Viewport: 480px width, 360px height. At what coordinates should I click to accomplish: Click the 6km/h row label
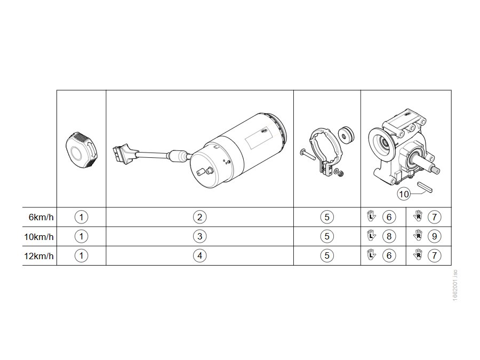tap(41, 218)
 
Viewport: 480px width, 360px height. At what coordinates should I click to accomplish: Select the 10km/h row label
tap(39, 237)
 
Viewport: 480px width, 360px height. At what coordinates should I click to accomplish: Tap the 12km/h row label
tap(39, 256)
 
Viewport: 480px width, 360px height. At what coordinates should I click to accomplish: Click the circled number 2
tap(199, 218)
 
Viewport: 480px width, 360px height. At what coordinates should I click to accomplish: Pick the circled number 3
tap(199, 236)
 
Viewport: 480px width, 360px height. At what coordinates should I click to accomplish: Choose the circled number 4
tap(199, 255)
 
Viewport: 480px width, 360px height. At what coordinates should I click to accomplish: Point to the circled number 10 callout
tap(404, 194)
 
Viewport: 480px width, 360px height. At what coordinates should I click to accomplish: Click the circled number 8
tap(389, 236)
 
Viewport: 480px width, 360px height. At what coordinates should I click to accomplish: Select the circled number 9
tap(434, 236)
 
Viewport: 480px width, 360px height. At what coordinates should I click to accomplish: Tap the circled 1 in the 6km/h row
tap(81, 218)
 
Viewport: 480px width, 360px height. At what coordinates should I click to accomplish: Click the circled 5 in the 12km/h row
tap(327, 255)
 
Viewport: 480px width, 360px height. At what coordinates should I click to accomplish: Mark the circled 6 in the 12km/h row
tap(389, 255)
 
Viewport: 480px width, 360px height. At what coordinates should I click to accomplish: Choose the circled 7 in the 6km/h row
tap(434, 218)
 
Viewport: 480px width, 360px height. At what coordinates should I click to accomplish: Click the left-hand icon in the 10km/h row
tap(371, 235)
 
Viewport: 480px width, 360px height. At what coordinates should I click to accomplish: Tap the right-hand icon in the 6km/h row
tap(418, 216)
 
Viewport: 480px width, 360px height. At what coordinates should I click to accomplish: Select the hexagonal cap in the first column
tap(82, 150)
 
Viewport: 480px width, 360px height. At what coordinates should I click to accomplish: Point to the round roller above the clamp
tap(346, 134)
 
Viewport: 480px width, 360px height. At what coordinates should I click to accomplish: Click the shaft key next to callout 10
tap(425, 187)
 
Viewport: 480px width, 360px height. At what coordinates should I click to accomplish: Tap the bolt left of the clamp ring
tap(308, 154)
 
